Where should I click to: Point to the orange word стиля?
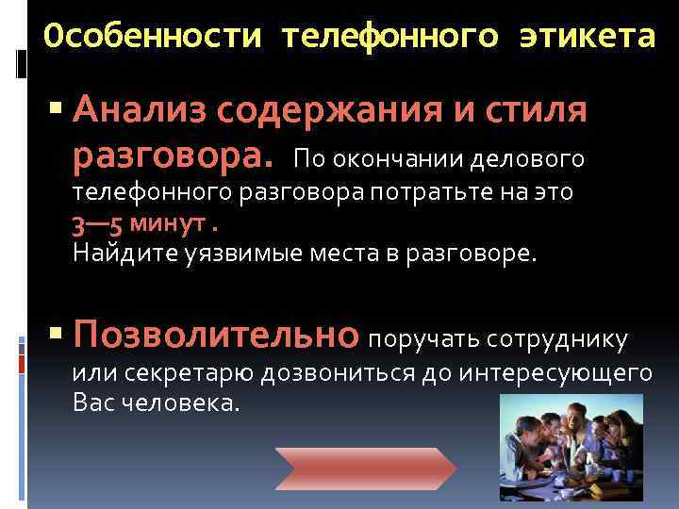click(541, 111)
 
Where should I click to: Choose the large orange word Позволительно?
click(216, 334)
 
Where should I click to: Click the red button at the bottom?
click(365, 467)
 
